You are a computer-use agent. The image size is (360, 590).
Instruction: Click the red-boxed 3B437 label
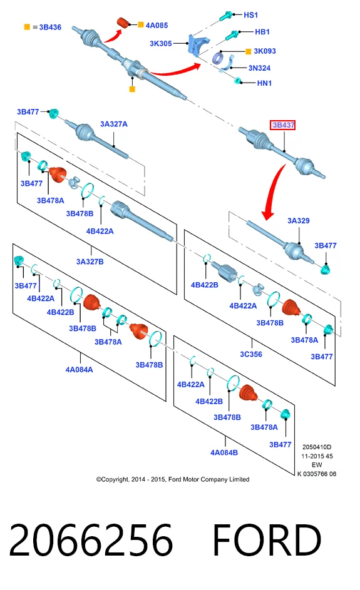pos(282,125)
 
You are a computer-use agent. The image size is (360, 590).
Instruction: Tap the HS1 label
pos(251,15)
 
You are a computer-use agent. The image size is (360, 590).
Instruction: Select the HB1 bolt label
pos(262,32)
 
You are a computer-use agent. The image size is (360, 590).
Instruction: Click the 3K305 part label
pos(161,44)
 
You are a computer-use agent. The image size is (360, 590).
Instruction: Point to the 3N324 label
pos(259,68)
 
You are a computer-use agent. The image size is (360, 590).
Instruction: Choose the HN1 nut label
pos(264,83)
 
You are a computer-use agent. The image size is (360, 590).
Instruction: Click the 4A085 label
pos(157,26)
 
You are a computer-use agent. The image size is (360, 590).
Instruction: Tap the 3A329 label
pos(299,221)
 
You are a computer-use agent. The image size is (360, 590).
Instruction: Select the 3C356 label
pos(251,355)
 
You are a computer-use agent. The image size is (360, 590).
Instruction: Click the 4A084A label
pos(79,370)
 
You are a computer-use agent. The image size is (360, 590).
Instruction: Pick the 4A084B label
pos(224,452)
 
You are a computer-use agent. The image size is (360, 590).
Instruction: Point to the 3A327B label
pos(90,262)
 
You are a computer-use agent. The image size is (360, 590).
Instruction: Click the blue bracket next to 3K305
pos(198,44)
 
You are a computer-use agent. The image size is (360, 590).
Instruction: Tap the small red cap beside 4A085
pos(123,22)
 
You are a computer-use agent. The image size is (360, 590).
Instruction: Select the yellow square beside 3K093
pos(248,51)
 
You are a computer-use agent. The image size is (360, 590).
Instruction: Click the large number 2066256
pos(91,540)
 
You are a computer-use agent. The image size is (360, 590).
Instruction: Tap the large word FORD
pos(267,540)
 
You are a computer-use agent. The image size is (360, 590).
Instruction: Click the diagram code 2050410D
pos(317,447)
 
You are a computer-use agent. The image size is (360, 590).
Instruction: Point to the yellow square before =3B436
pos(27,27)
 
